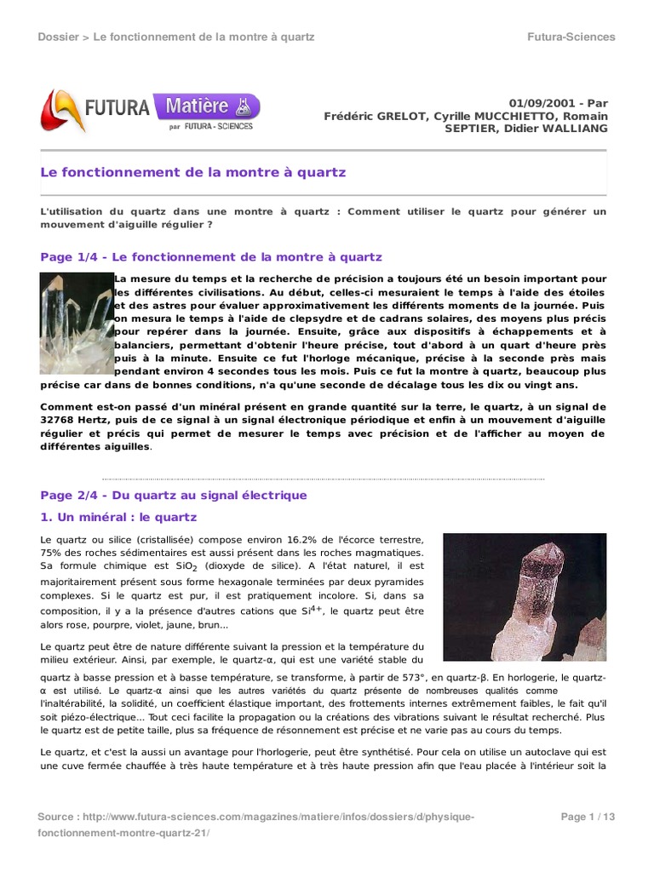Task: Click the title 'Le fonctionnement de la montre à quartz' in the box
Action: coord(193,172)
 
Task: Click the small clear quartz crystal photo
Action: coord(77,324)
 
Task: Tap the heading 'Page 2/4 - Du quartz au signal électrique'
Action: coord(174,495)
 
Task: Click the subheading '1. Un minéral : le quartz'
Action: coord(118,517)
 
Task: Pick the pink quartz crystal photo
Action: coord(525,597)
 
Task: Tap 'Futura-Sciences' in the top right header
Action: coord(571,37)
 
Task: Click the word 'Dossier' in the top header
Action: coord(60,37)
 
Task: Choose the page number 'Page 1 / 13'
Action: coord(588,817)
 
